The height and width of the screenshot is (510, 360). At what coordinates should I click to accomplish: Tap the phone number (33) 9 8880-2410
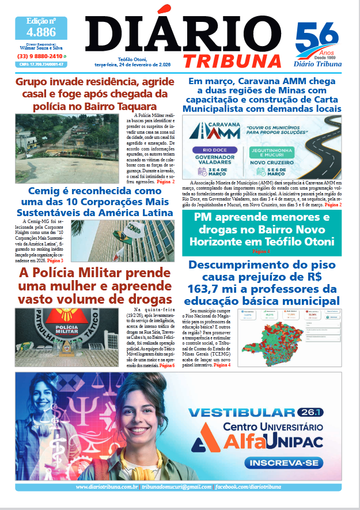(40, 56)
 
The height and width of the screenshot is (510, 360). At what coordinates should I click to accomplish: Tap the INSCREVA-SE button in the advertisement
(274, 463)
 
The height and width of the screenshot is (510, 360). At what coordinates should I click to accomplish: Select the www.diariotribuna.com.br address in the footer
(107, 488)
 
